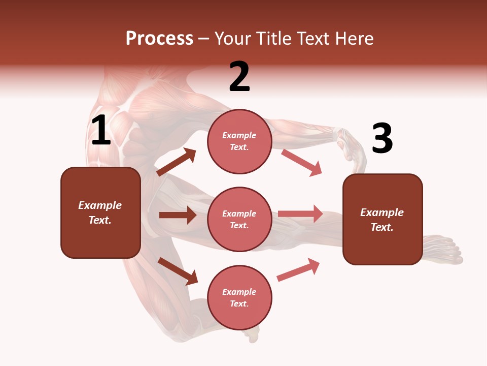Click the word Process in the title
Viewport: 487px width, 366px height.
(159, 39)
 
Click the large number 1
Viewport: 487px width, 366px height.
(101, 131)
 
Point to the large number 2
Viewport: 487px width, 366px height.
(239, 77)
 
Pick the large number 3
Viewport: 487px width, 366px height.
(382, 139)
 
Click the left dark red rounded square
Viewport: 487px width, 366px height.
(100, 212)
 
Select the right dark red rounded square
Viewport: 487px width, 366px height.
(382, 219)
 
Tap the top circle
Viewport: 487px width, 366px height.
(239, 141)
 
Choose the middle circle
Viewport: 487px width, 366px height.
(239, 219)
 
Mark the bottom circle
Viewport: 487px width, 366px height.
(239, 297)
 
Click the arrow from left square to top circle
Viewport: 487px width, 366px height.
(177, 162)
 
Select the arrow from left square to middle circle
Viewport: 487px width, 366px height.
(178, 215)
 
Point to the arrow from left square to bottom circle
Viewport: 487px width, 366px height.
(178, 271)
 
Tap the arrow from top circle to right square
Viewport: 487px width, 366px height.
(302, 163)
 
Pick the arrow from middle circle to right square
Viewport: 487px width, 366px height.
(300, 214)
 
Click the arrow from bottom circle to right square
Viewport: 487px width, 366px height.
(299, 270)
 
